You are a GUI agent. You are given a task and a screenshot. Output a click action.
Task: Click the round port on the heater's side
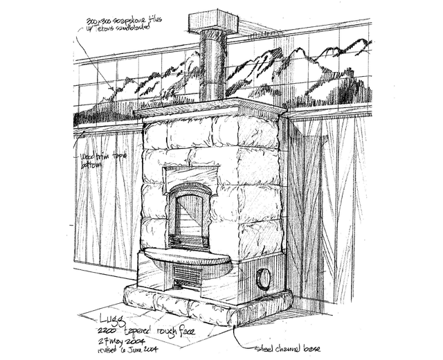[x=264, y=279]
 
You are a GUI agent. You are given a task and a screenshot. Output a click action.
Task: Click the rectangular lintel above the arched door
[x=190, y=175]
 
